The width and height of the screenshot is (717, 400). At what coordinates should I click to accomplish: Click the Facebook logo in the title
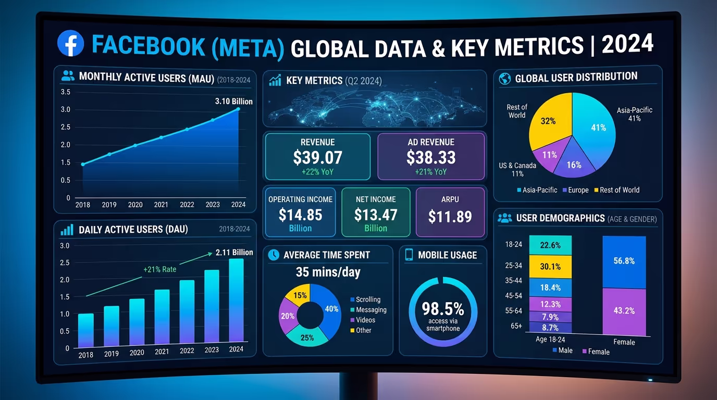(71, 43)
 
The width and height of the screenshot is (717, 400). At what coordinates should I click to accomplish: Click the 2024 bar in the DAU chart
(237, 300)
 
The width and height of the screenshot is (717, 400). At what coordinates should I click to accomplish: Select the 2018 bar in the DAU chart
(86, 330)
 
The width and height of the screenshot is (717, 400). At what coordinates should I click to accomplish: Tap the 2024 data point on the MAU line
(238, 109)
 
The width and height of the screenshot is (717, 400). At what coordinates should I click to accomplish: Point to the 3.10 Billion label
(233, 102)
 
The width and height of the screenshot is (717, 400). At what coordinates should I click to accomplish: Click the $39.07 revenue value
(318, 157)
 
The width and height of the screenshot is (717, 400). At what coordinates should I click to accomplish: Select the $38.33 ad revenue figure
(431, 157)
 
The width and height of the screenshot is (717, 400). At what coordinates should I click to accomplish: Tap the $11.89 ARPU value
(450, 217)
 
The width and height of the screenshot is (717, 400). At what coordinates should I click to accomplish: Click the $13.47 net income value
(376, 215)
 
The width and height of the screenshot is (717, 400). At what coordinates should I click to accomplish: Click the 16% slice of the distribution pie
(573, 161)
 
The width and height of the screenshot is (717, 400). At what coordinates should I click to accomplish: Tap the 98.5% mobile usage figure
(443, 309)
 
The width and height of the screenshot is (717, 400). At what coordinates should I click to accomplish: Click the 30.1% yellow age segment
(550, 267)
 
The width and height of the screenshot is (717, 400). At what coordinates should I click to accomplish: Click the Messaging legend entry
(368, 310)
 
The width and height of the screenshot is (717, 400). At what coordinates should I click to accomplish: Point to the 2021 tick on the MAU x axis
(161, 205)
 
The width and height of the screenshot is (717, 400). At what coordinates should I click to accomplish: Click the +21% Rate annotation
(160, 269)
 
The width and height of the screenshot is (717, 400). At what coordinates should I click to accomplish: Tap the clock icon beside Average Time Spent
(274, 255)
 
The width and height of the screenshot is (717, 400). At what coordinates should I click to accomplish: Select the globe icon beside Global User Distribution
(505, 79)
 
